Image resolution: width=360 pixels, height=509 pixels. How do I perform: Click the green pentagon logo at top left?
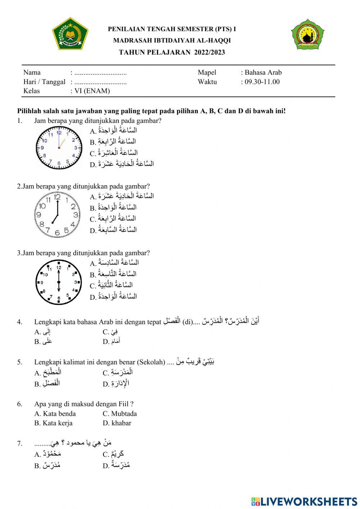point(70,34)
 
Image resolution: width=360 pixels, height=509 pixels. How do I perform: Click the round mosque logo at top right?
point(308,35)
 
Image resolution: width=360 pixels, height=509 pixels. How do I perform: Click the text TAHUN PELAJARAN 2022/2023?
point(172,52)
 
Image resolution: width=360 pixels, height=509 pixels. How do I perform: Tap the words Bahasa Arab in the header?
point(263,72)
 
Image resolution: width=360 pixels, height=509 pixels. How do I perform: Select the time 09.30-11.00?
point(262,82)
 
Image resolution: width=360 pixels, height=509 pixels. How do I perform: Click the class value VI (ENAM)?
point(92,91)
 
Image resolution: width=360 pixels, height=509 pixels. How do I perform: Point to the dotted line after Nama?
point(100,73)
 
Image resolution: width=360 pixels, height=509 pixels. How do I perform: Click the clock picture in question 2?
point(57,215)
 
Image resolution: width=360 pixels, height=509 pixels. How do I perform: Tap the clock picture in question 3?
point(59,282)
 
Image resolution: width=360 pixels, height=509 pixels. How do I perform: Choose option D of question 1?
point(122,164)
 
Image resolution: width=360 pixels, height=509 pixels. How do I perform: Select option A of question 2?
point(122,196)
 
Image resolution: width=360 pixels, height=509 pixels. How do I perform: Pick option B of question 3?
point(114,274)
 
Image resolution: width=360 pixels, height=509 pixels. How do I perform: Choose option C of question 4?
point(111,332)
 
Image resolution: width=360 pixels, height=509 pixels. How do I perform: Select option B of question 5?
point(48,384)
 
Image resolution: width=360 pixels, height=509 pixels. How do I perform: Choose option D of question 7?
point(117,465)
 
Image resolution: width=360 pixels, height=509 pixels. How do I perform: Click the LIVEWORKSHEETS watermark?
point(304,501)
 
